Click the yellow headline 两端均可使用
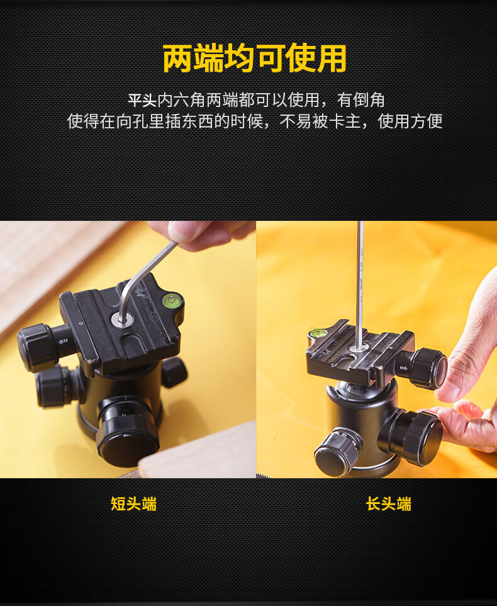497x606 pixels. (254, 58)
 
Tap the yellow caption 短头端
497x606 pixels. (134, 504)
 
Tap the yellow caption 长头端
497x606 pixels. (388, 504)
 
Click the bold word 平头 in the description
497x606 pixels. (142, 101)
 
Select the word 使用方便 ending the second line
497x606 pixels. (410, 121)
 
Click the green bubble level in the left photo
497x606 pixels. (172, 300)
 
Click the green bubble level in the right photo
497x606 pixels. (318, 332)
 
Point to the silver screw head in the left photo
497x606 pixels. (122, 320)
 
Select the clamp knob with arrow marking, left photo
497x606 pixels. (43, 346)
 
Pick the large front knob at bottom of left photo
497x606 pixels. (128, 433)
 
